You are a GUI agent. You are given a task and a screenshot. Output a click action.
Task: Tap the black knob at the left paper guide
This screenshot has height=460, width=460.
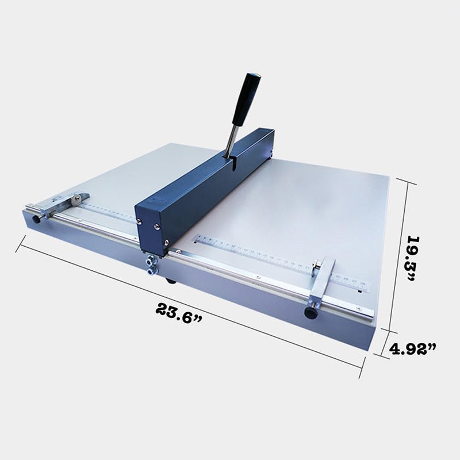click(37, 219)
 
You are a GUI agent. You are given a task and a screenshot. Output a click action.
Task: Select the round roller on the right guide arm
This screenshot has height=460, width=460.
click(317, 266)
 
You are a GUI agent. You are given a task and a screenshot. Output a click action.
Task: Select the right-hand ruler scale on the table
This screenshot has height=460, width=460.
click(276, 259)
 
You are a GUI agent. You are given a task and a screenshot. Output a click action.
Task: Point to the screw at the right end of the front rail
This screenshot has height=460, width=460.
click(369, 314)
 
